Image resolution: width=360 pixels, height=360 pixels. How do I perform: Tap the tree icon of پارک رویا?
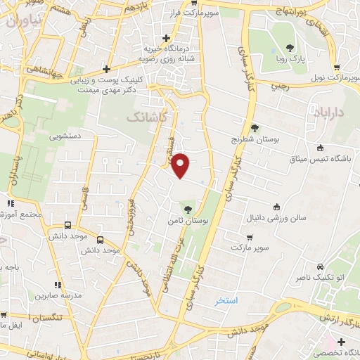(290, 48)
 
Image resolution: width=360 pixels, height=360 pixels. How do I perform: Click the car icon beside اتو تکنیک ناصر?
(321, 267)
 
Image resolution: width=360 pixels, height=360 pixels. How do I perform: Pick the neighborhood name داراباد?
(326, 112)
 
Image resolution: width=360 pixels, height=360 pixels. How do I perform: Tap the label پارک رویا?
(290, 60)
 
